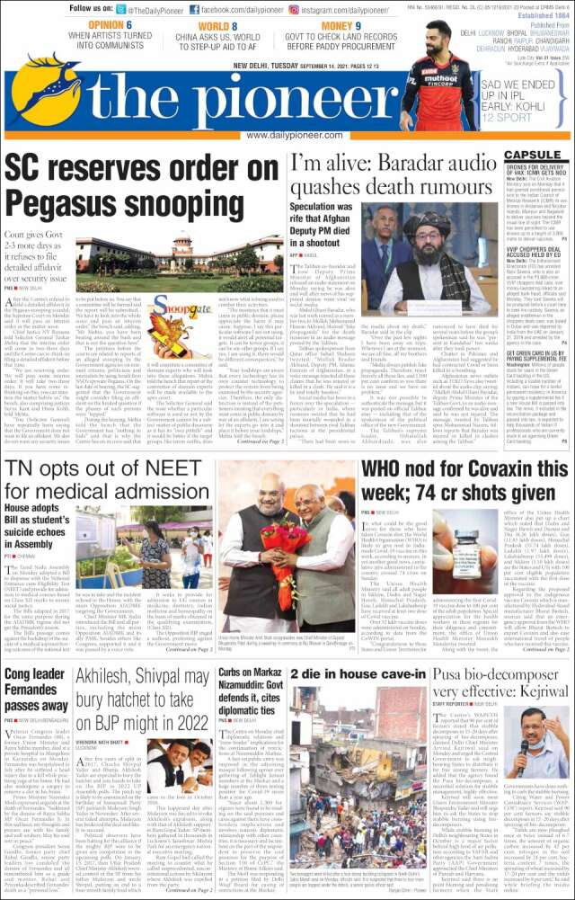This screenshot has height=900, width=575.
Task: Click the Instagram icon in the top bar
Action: (304, 8)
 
